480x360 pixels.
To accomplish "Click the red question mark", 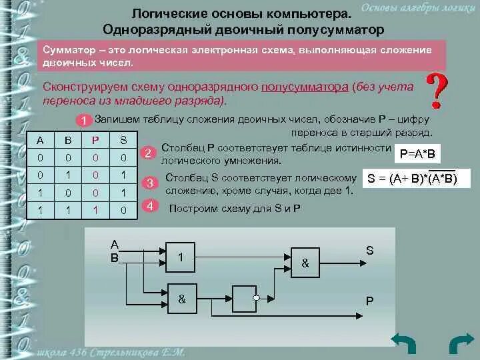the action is point(437,92).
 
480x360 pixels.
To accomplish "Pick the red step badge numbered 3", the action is point(150,183).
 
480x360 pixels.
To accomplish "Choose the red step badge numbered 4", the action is point(150,206).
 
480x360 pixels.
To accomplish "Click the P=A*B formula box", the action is point(417,154).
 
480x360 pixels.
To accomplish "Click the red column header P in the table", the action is point(95,140).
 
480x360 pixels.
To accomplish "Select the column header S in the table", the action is point(123,140).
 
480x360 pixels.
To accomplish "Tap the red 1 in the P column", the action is point(95,210).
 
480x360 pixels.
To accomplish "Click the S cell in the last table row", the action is point(123,210).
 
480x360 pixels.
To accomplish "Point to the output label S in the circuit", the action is point(369,250).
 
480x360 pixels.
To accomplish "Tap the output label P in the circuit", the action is point(369,301).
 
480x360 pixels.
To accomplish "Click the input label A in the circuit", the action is point(114,244).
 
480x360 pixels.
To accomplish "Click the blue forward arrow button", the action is point(461,344).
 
